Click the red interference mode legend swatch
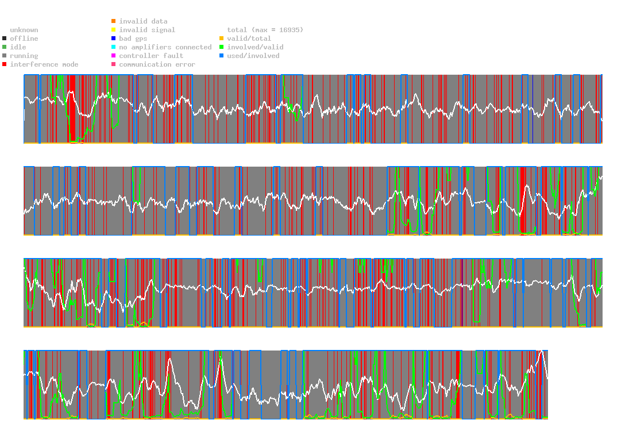[x=5, y=64]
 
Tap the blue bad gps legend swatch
[x=113, y=38]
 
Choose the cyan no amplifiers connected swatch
[x=113, y=47]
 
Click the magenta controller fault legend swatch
[x=113, y=56]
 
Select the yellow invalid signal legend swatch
[x=113, y=30]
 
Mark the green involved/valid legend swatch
[x=222, y=47]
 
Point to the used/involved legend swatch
[x=222, y=56]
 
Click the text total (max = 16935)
[x=265, y=30]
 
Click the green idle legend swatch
[x=5, y=47]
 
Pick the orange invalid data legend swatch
[x=113, y=21]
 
